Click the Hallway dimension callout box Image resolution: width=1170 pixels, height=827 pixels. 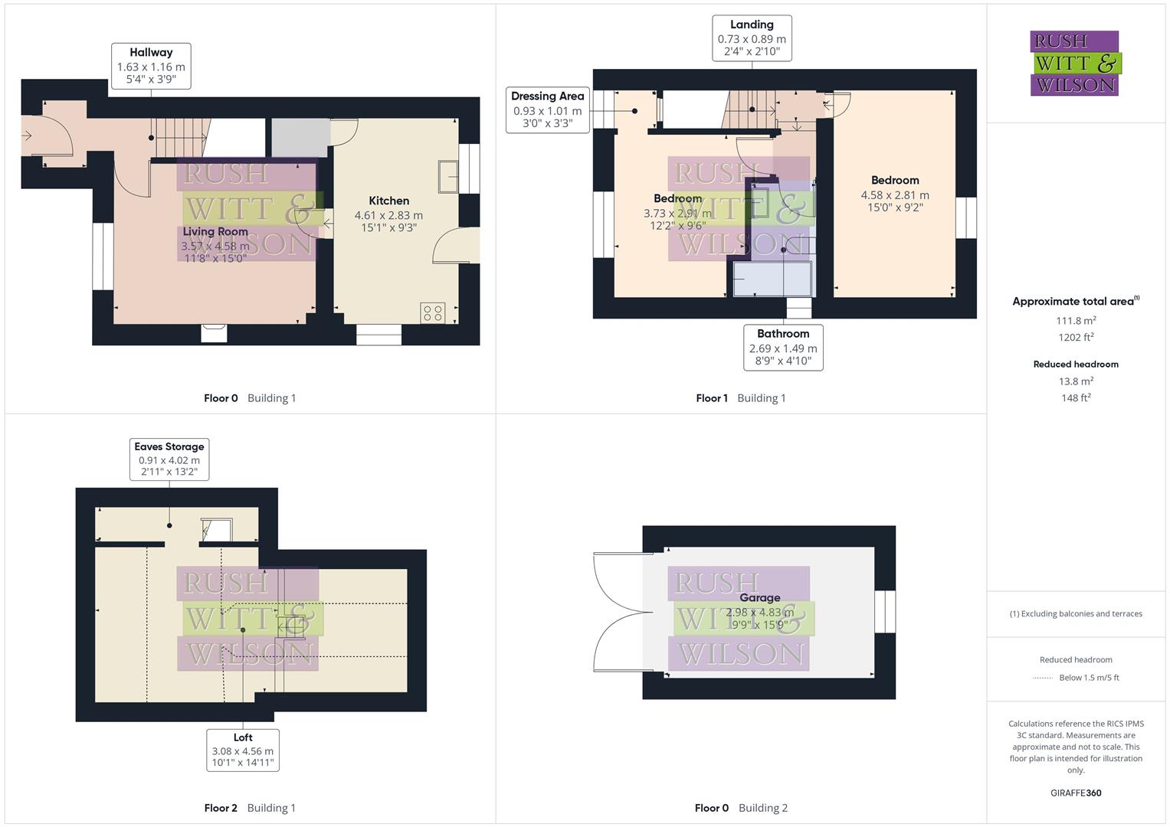tap(151, 66)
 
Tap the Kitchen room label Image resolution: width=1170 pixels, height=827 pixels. tap(388, 201)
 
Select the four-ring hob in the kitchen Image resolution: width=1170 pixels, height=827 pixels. tap(432, 312)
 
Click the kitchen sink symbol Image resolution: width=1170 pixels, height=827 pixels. tap(447, 176)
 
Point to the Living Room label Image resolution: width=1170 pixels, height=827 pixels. tap(215, 231)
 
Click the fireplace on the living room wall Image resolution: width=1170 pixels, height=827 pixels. tap(214, 332)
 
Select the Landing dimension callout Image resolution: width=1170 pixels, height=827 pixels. tap(752, 38)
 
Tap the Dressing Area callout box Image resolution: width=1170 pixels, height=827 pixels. tap(547, 110)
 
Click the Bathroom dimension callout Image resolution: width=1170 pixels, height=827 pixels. tap(783, 347)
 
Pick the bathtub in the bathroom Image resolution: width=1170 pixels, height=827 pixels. tap(772, 279)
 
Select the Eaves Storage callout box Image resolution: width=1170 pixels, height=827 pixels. tap(169, 459)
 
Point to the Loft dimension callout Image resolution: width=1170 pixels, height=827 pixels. tap(243, 750)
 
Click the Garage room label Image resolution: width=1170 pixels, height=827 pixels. tap(759, 597)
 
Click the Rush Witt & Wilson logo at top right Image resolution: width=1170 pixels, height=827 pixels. tap(1074, 63)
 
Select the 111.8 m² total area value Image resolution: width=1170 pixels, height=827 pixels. tap(1076, 321)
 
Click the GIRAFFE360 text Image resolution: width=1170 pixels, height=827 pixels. tap(1076, 793)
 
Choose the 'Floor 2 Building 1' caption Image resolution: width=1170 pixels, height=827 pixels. tap(250, 808)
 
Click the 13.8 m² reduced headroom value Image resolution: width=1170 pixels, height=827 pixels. tap(1076, 381)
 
